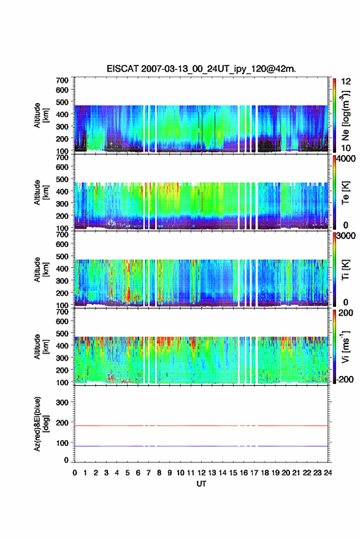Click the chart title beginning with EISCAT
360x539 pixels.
[201, 69]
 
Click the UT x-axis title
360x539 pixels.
[201, 484]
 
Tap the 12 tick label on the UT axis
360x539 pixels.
[202, 473]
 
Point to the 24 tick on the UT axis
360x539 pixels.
[327, 473]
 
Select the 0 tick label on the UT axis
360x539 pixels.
[75, 473]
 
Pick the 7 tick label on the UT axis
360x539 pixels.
[148, 473]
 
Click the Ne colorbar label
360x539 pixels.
[345, 115]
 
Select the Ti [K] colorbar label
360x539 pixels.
[345, 270]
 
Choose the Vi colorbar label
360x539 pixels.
[345, 347]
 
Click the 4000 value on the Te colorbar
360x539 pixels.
[346, 159]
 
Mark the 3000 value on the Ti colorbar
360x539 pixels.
[346, 236]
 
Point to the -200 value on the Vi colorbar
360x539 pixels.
[344, 380]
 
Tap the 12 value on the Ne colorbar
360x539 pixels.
[346, 82]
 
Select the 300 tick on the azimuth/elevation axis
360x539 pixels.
[62, 402]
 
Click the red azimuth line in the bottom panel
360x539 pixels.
[201, 426]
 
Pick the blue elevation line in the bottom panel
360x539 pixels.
[201, 446]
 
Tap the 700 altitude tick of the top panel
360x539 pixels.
[62, 80]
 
